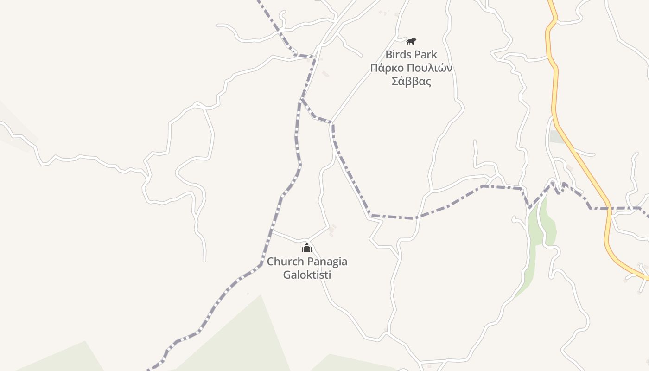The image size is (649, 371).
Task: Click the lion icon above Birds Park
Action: (x=411, y=41)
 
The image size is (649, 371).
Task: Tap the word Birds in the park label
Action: (x=397, y=55)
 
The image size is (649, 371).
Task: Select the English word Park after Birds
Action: (x=425, y=55)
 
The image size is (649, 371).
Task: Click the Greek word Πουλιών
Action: (x=428, y=68)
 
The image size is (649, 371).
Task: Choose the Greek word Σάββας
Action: (x=411, y=82)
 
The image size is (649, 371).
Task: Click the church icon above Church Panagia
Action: (x=306, y=248)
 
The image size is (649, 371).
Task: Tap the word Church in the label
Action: (x=284, y=262)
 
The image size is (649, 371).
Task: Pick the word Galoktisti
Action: (x=307, y=275)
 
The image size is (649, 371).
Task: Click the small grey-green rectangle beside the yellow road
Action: (x=556, y=137)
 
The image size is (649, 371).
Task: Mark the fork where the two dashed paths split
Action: (x=302, y=99)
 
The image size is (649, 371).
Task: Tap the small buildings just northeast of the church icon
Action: (x=331, y=230)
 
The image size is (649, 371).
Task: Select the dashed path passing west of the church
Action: (x=274, y=223)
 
